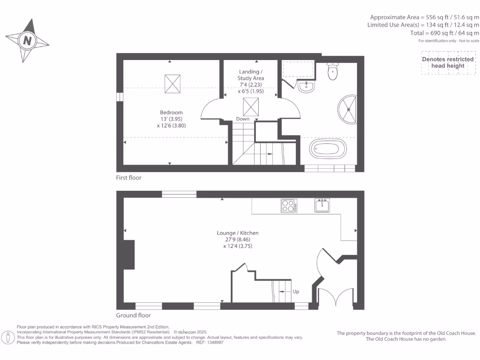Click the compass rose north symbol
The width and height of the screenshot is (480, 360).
click(x=27, y=41)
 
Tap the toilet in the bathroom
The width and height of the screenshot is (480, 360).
click(x=333, y=71)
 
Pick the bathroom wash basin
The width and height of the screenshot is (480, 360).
click(x=306, y=86)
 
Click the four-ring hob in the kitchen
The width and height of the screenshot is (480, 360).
click(x=289, y=206)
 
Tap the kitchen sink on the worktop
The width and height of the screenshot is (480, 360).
click(x=322, y=205)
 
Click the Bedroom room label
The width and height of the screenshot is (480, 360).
click(x=171, y=112)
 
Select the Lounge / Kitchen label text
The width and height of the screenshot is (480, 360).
click(x=238, y=233)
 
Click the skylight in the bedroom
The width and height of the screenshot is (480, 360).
click(x=172, y=83)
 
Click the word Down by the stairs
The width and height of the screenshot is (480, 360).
click(x=243, y=119)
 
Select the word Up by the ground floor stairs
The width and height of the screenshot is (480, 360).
click(x=296, y=292)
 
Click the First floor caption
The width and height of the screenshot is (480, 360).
click(x=129, y=178)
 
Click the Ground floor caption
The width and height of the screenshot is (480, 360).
click(x=134, y=315)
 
